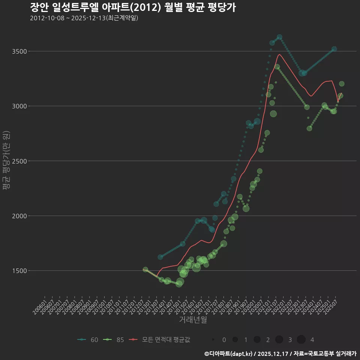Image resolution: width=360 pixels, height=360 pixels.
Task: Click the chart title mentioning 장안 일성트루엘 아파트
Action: coord(133,7)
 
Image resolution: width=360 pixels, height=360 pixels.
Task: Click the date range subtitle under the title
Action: coord(84,18)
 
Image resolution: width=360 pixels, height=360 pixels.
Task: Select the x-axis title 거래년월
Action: coord(193,320)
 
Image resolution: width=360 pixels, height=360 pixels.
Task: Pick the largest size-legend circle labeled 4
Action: coord(301,340)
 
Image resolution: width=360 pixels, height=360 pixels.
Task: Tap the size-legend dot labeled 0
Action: coord(213,340)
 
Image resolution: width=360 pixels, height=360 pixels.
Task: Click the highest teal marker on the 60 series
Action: coord(279,37)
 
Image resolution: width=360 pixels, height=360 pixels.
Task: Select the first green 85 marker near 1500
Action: coord(145,269)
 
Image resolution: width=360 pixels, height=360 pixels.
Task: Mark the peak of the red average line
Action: coord(279,54)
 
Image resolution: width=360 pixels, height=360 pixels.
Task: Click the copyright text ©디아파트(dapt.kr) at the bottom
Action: coord(229,354)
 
